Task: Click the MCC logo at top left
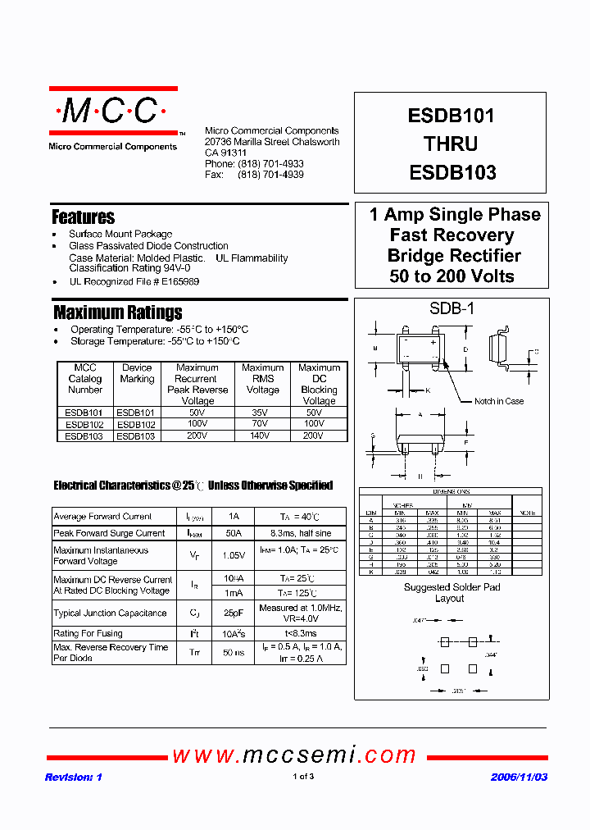pos(113,111)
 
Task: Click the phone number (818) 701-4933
pos(270,164)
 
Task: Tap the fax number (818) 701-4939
pos(270,175)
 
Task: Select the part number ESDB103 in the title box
pos(452,172)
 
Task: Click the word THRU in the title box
pos(451,144)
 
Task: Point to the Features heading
pos(83,217)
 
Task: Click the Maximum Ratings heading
pos(117,312)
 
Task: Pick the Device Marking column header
pos(137,373)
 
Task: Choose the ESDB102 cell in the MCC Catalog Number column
pos(84,425)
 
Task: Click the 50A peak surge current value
pos(234,533)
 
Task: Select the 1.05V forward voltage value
pos(234,555)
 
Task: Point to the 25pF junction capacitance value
pos(234,613)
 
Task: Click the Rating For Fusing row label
pos(88,633)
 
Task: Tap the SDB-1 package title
pos(452,309)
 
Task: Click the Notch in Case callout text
pos(498,401)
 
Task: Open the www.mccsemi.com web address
pos(294,755)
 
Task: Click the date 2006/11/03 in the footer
pos(518,777)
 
